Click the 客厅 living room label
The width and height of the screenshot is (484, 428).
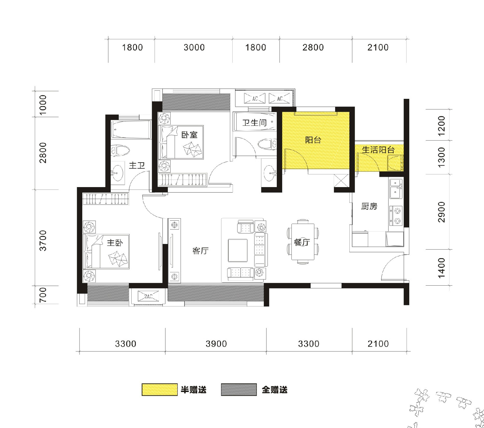pyautogui.click(x=201, y=251)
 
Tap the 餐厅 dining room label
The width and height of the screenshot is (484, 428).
pyautogui.click(x=302, y=242)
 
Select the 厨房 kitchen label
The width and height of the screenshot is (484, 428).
pyautogui.click(x=369, y=206)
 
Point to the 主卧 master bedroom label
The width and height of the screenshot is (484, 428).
pyautogui.click(x=115, y=242)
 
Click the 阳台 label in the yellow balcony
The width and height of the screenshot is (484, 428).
pyautogui.click(x=313, y=140)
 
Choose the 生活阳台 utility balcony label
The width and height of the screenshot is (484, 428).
pyautogui.click(x=378, y=150)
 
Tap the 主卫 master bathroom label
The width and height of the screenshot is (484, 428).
pyautogui.click(x=137, y=165)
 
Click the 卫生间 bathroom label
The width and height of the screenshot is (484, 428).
pyautogui.click(x=254, y=122)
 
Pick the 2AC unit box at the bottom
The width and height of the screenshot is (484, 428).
pyautogui.click(x=148, y=296)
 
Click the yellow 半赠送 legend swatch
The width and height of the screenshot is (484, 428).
pyautogui.click(x=160, y=390)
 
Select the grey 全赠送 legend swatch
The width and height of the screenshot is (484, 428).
pyautogui.click(x=239, y=390)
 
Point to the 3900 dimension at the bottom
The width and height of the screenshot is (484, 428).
pyautogui.click(x=216, y=344)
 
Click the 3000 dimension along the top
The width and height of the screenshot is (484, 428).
pyautogui.click(x=194, y=47)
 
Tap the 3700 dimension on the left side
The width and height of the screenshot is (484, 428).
pyautogui.click(x=43, y=241)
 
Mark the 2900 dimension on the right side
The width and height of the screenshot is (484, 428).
pyautogui.click(x=442, y=212)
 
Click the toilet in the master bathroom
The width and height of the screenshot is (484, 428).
pyautogui.click(x=120, y=150)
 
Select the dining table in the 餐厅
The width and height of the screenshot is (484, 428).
pyautogui.click(x=303, y=242)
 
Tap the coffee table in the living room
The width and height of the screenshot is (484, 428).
pyautogui.click(x=238, y=250)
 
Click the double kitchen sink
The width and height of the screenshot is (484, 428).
pyautogui.click(x=396, y=189)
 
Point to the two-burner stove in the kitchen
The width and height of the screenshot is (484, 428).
pyautogui.click(x=396, y=216)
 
